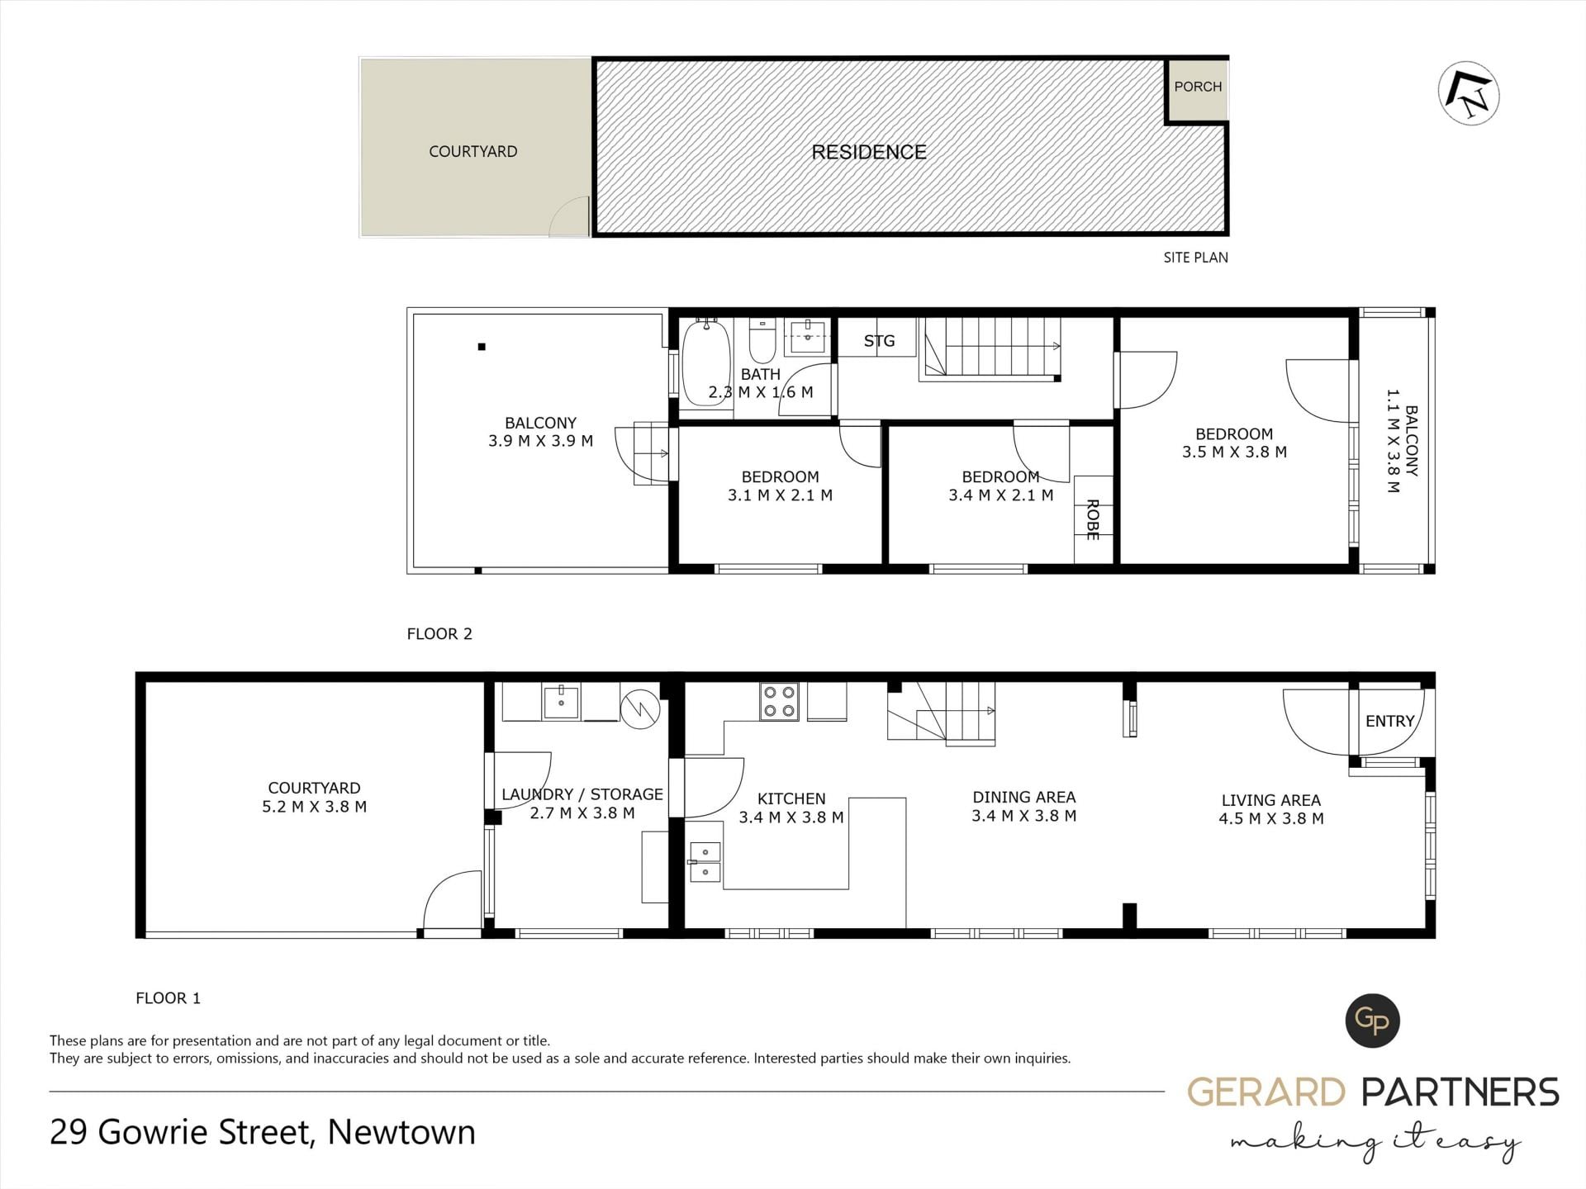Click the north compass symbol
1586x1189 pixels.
pyautogui.click(x=1469, y=94)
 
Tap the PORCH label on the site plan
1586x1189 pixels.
pyautogui.click(x=1198, y=87)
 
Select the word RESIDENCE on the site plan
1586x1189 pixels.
pyautogui.click(x=869, y=152)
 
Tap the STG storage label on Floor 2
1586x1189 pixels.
pyautogui.click(x=879, y=340)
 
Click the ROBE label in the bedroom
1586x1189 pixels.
pyautogui.click(x=1093, y=519)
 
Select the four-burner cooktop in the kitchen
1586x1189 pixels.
pyautogui.click(x=780, y=701)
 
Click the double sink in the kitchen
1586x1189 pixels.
pyautogui.click(x=705, y=862)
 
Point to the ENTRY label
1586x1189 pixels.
pyautogui.click(x=1389, y=722)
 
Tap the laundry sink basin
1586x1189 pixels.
pyautogui.click(x=562, y=701)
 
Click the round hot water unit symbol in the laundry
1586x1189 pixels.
pyautogui.click(x=641, y=708)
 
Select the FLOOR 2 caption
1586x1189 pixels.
pyautogui.click(x=439, y=634)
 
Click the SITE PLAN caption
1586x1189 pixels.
pyautogui.click(x=1195, y=258)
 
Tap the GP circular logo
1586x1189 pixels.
pyautogui.click(x=1372, y=1021)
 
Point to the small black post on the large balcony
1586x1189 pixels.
pyautogui.click(x=482, y=347)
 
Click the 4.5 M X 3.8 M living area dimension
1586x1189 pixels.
pyautogui.click(x=1271, y=818)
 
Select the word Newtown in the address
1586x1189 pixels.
pyautogui.click(x=401, y=1132)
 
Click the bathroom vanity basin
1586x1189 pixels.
pyautogui.click(x=807, y=334)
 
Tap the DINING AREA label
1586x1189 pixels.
pyautogui.click(x=1024, y=797)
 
